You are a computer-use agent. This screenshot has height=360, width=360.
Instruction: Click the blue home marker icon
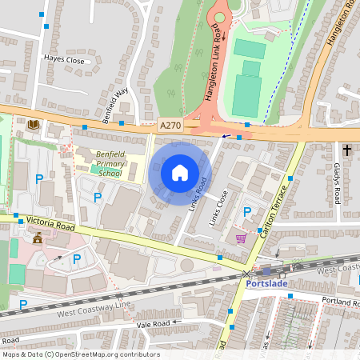tap(180, 172)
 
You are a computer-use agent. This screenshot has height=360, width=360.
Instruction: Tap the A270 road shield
tap(170, 126)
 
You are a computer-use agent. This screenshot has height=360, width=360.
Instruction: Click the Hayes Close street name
tap(65, 59)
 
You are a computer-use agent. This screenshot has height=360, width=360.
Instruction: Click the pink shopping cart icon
tap(241, 238)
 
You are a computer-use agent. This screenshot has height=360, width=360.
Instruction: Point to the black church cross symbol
tap(347, 150)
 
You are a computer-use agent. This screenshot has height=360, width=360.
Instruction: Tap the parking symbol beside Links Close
tap(247, 212)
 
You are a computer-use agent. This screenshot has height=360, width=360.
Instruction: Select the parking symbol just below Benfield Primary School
tap(98, 197)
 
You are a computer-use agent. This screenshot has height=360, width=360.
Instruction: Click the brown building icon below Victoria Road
tap(36, 238)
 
